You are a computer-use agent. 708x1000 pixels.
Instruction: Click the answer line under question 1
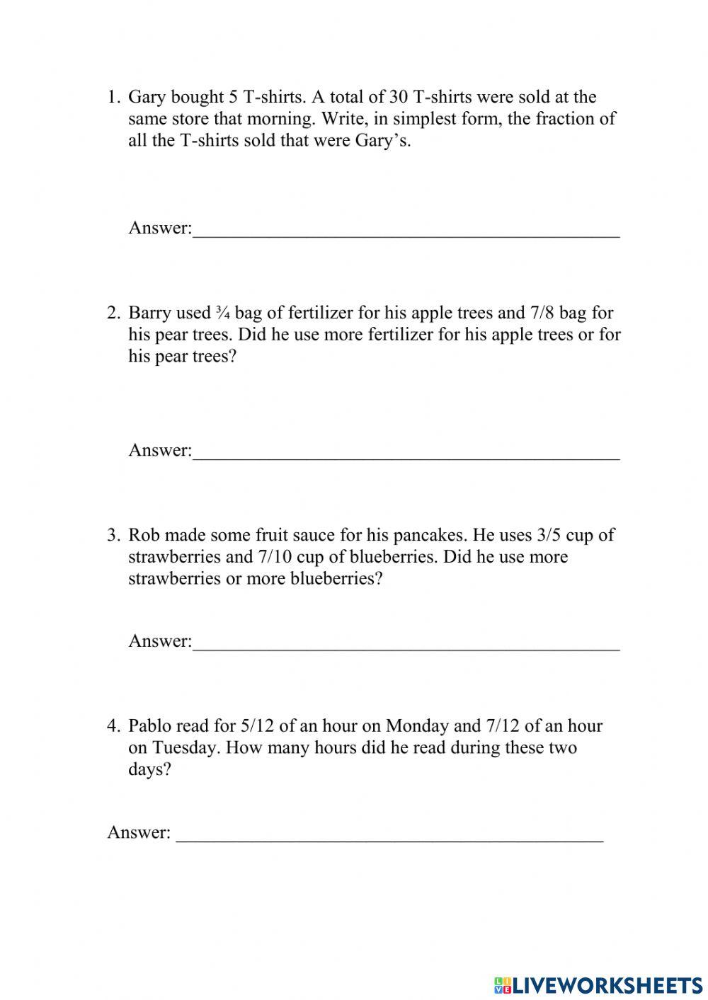click(x=406, y=236)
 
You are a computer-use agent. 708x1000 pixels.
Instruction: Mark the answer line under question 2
click(x=406, y=458)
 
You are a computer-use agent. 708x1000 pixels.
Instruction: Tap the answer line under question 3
click(x=406, y=648)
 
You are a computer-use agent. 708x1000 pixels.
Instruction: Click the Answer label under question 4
click(x=139, y=832)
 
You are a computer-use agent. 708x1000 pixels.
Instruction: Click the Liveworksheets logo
click(x=598, y=984)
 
